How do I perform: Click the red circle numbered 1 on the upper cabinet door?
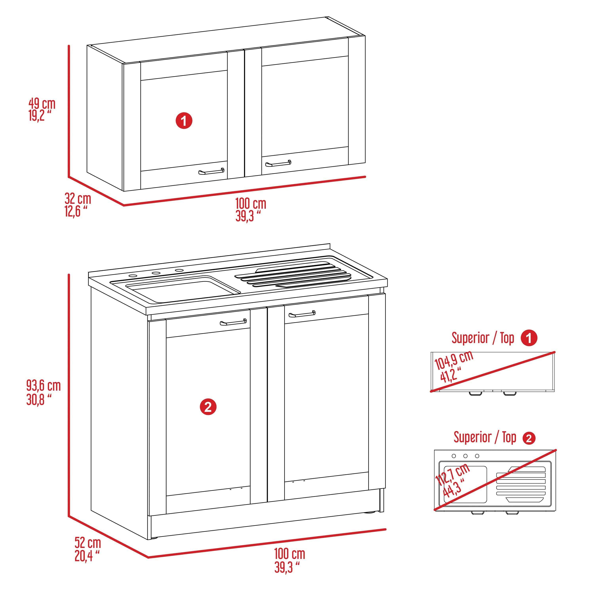(x=184, y=121)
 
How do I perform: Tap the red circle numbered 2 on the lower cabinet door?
(x=208, y=407)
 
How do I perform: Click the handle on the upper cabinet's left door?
(x=211, y=171)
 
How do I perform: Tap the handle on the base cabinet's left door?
(x=233, y=322)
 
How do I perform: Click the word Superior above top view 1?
(x=470, y=338)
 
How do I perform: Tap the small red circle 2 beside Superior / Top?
(x=529, y=438)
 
